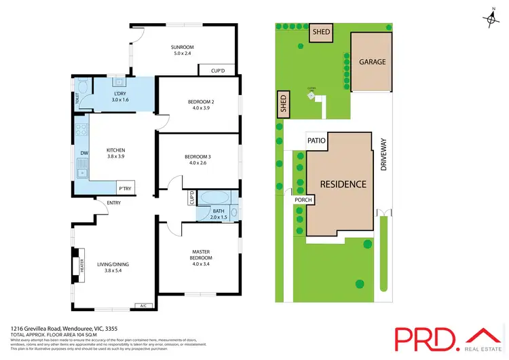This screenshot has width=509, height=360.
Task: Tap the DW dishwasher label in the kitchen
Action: [83, 154]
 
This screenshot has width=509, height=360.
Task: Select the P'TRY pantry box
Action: [125, 188]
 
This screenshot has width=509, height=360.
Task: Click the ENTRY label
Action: [105, 202]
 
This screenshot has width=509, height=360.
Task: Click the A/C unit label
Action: [143, 305]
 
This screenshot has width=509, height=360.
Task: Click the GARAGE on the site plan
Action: [372, 62]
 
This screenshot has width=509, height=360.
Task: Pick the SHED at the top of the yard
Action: [320, 32]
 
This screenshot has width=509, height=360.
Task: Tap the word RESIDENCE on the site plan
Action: [343, 184]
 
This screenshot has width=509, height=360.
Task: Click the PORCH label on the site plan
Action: [302, 200]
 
